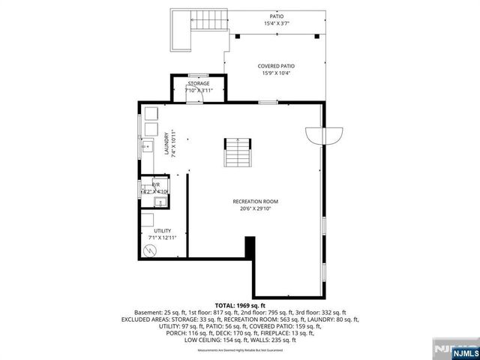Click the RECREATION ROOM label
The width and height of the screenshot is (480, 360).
[255, 202]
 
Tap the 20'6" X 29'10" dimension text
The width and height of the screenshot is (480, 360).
[255, 209]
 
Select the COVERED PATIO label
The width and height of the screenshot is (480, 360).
[277, 66]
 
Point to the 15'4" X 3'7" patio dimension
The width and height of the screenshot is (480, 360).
[277, 23]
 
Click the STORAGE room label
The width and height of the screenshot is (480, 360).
[199, 83]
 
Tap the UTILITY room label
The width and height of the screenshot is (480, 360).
[162, 230]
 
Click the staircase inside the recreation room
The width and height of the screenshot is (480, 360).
[237, 154]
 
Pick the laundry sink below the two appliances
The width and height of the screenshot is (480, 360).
[148, 145]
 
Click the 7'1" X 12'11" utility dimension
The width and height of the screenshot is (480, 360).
[162, 238]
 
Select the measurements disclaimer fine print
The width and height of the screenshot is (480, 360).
[239, 350]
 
